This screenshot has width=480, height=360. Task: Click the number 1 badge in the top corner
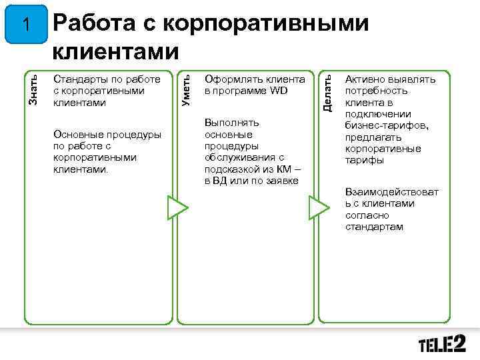click(x=25, y=25)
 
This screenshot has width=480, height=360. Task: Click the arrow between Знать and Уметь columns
click(x=175, y=207)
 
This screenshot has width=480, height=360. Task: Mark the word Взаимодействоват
click(x=392, y=192)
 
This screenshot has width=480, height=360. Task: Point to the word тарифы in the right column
click(x=364, y=161)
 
